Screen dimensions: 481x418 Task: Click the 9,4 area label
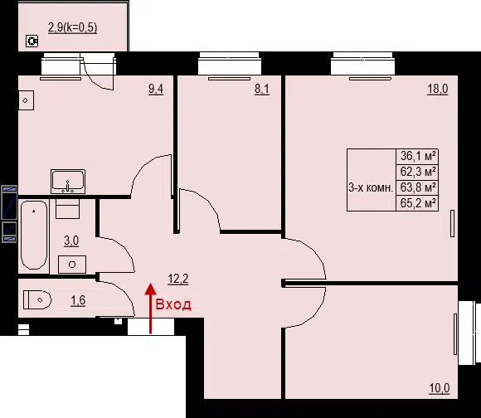(156, 90)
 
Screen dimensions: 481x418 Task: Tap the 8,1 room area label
(262, 90)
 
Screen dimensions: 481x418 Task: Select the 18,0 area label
(438, 89)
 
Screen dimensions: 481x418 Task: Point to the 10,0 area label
(440, 388)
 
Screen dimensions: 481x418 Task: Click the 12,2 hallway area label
(178, 279)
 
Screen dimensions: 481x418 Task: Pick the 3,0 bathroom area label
(71, 241)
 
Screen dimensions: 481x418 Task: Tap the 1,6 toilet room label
(78, 300)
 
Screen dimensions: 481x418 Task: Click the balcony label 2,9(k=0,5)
(73, 27)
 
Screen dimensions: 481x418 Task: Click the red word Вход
(173, 304)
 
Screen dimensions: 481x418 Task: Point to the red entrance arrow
(150, 308)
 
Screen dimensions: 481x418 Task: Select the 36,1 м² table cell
(417, 156)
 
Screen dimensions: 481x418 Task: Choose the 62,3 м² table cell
(417, 172)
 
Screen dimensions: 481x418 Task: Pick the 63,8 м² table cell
(417, 187)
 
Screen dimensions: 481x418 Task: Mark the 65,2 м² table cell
(417, 203)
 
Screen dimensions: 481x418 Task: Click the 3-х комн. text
(371, 187)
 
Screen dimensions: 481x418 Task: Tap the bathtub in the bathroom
(34, 236)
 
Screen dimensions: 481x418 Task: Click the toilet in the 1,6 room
(37, 300)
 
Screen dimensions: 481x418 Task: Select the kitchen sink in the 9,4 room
(68, 182)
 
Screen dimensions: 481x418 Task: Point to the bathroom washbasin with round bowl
(72, 265)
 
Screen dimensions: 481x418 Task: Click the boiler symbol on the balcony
(32, 41)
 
